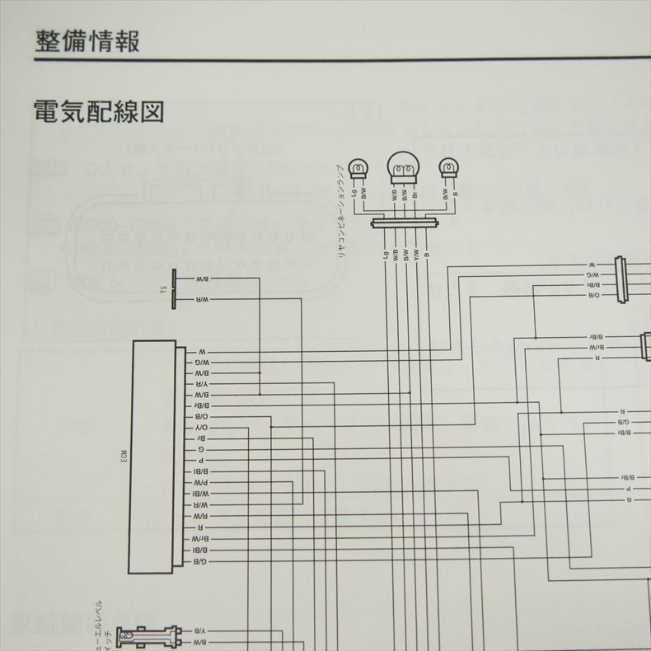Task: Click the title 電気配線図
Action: point(99,110)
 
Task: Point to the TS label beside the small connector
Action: point(163,289)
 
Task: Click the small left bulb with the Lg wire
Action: point(358,168)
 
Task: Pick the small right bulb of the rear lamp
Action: point(448,168)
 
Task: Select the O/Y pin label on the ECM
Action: point(201,429)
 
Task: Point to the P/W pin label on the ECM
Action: point(201,481)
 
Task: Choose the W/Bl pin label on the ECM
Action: point(201,494)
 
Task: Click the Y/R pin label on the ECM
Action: point(201,384)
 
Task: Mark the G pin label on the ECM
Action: point(201,451)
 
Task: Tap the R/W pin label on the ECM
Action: point(201,516)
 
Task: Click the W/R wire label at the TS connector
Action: point(201,301)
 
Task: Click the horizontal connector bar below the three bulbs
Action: point(403,222)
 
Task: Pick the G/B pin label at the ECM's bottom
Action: point(201,560)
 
